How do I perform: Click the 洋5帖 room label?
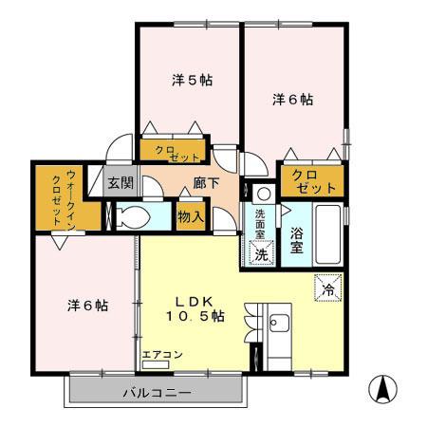tap(192, 81)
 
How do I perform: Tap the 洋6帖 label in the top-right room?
tap(293, 98)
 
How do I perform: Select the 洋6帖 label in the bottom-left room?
tap(86, 306)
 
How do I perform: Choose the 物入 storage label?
tap(191, 216)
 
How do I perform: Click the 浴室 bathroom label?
tap(296, 240)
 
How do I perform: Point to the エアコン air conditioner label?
tap(162, 355)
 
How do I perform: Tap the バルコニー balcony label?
tap(158, 393)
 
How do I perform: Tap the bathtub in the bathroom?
tap(326, 238)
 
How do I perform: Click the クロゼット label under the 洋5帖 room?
tap(173, 152)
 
